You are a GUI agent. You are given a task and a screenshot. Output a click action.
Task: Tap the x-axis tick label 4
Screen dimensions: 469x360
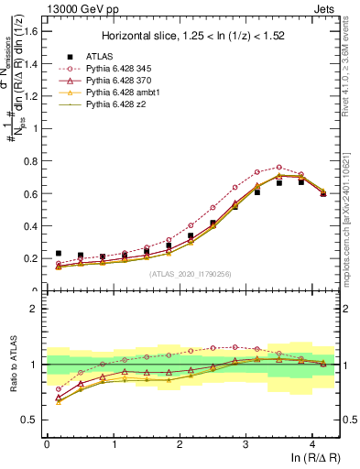tap(312, 443)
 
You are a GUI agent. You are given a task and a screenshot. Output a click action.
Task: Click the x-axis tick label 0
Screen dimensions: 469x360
tap(47, 443)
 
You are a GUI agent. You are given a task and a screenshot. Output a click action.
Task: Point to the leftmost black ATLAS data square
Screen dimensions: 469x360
tap(59, 253)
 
